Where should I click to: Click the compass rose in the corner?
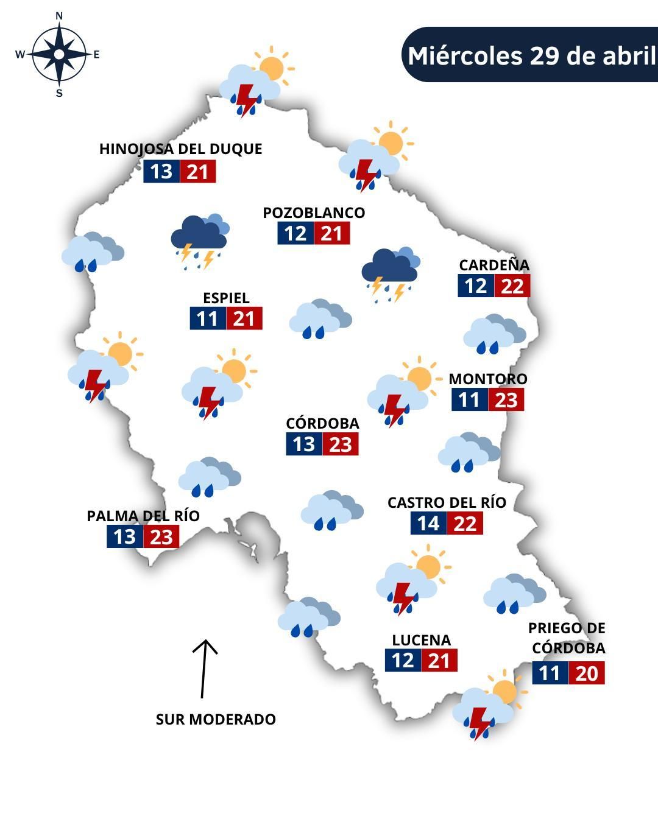[x=58, y=55]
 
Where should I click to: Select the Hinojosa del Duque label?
[x=180, y=149]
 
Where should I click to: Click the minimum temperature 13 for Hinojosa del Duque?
[x=161, y=172]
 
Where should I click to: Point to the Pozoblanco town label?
[x=314, y=213]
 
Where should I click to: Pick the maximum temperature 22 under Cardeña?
[x=512, y=286]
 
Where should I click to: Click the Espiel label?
[x=226, y=298]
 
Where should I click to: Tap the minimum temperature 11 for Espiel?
[x=208, y=318]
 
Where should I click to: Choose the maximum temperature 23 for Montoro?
[x=506, y=400]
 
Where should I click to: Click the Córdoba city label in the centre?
[x=322, y=423]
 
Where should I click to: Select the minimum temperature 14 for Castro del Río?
[x=428, y=523]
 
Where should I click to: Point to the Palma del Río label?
[x=143, y=516]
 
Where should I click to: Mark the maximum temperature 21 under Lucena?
[x=439, y=661]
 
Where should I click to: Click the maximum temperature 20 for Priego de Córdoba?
[x=587, y=673]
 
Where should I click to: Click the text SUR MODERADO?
[x=216, y=719]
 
